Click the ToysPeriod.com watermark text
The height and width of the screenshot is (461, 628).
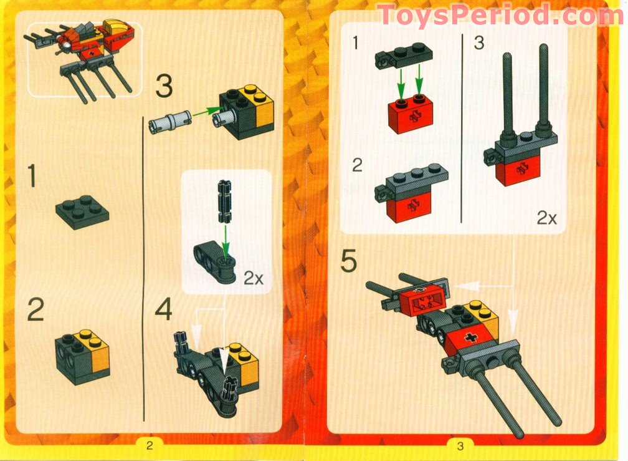pos(500,15)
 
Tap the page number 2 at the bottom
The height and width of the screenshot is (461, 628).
pos(150,445)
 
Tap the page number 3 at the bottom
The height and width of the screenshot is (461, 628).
pos(460,445)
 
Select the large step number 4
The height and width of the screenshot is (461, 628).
pos(164,310)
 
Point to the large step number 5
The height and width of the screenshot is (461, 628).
pos(349,262)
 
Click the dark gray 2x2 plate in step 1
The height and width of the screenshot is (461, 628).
pos(81,212)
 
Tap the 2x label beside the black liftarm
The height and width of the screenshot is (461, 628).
pos(252,278)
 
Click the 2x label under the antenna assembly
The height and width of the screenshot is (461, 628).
pos(546,218)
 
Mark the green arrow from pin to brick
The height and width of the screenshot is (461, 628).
pos(206,114)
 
